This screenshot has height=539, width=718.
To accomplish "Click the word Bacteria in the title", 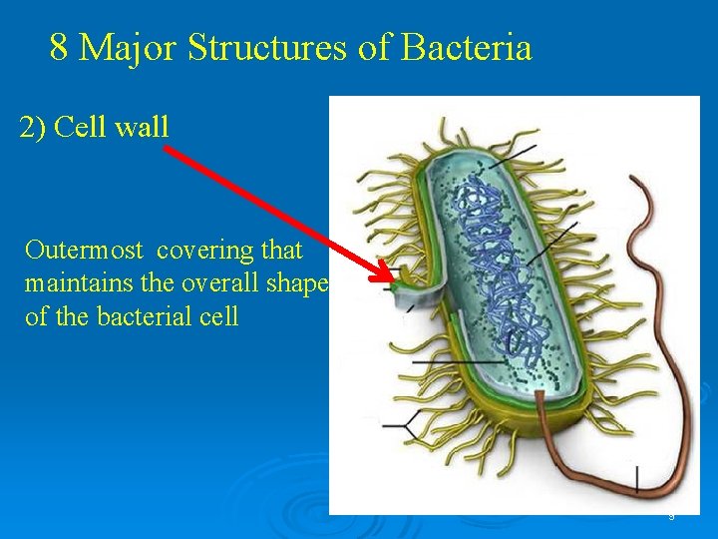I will click(x=466, y=47).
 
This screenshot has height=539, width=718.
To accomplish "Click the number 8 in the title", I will click(x=59, y=47).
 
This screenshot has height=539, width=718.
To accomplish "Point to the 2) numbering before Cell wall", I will click(x=33, y=128).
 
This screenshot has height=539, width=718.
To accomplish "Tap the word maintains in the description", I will click(x=78, y=283).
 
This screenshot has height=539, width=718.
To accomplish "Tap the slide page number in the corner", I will click(x=671, y=516).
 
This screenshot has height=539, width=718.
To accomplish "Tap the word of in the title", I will click(x=376, y=47).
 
